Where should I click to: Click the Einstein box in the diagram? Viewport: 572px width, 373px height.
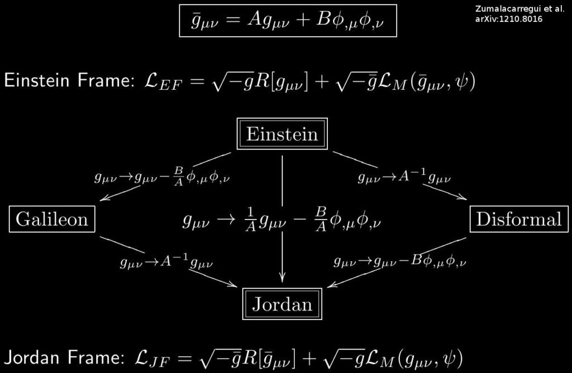pyautogui.click(x=282, y=135)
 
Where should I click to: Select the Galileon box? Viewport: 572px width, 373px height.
pyautogui.click(x=52, y=219)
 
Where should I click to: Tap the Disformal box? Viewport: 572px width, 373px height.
pyautogui.click(x=518, y=219)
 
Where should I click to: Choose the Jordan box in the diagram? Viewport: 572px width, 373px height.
pyautogui.click(x=282, y=304)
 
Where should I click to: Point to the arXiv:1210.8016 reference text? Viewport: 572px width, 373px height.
pyautogui.click(x=509, y=19)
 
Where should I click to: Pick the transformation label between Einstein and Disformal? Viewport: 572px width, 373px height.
pyautogui.click(x=404, y=178)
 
